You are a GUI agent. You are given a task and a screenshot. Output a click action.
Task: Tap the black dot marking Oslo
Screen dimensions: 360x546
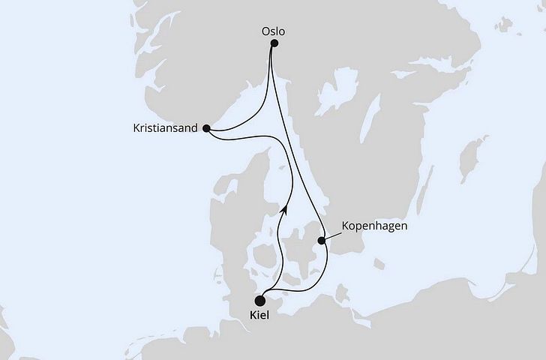(x=274, y=43)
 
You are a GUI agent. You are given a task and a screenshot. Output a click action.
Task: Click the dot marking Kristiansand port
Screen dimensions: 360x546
(x=206, y=128)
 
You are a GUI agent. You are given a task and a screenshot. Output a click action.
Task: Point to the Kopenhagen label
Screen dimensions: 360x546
(x=373, y=225)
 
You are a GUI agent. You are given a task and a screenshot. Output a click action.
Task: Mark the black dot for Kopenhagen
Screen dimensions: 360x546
(x=322, y=241)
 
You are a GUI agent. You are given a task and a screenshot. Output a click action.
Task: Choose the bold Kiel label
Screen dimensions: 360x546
(x=259, y=316)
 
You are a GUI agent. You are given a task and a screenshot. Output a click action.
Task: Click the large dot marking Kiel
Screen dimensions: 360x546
(x=259, y=299)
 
